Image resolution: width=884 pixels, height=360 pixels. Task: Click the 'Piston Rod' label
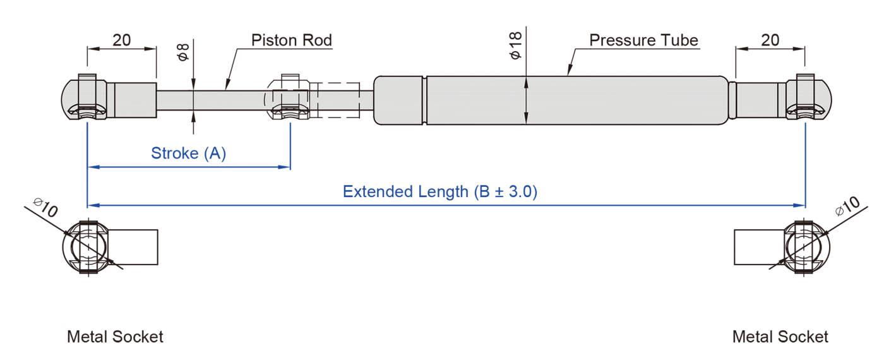(x=291, y=40)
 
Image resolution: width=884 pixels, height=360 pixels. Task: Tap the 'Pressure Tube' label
(x=643, y=40)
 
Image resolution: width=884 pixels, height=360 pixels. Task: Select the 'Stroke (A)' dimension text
(x=188, y=153)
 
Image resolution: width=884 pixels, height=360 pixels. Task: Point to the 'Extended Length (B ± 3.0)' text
(x=440, y=192)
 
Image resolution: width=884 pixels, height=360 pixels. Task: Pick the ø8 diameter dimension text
(x=183, y=52)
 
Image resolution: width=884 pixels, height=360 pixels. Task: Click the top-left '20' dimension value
(x=121, y=40)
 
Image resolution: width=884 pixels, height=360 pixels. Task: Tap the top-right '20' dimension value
(x=770, y=40)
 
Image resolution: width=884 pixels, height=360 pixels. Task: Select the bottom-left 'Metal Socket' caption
(x=115, y=337)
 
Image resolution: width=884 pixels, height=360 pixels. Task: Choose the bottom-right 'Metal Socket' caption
(x=780, y=337)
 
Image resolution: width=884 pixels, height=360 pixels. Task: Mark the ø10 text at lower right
(x=847, y=207)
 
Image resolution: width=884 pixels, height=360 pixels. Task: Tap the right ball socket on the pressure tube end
(x=807, y=98)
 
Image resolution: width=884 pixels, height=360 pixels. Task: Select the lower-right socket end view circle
(x=806, y=247)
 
